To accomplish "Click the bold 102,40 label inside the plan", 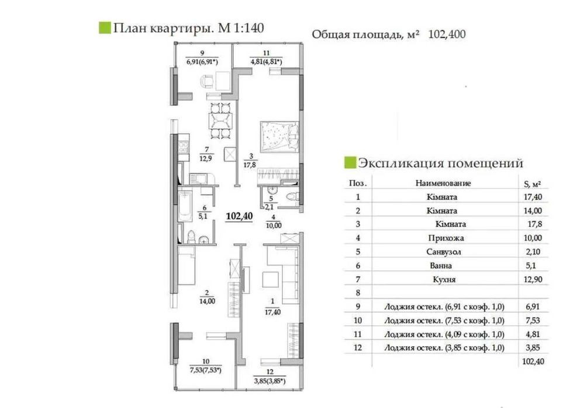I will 239,216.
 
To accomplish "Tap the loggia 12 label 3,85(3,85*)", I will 269,382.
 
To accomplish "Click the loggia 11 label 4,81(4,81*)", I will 266,60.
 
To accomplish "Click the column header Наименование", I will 443,183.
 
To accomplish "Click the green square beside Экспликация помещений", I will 349,162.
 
